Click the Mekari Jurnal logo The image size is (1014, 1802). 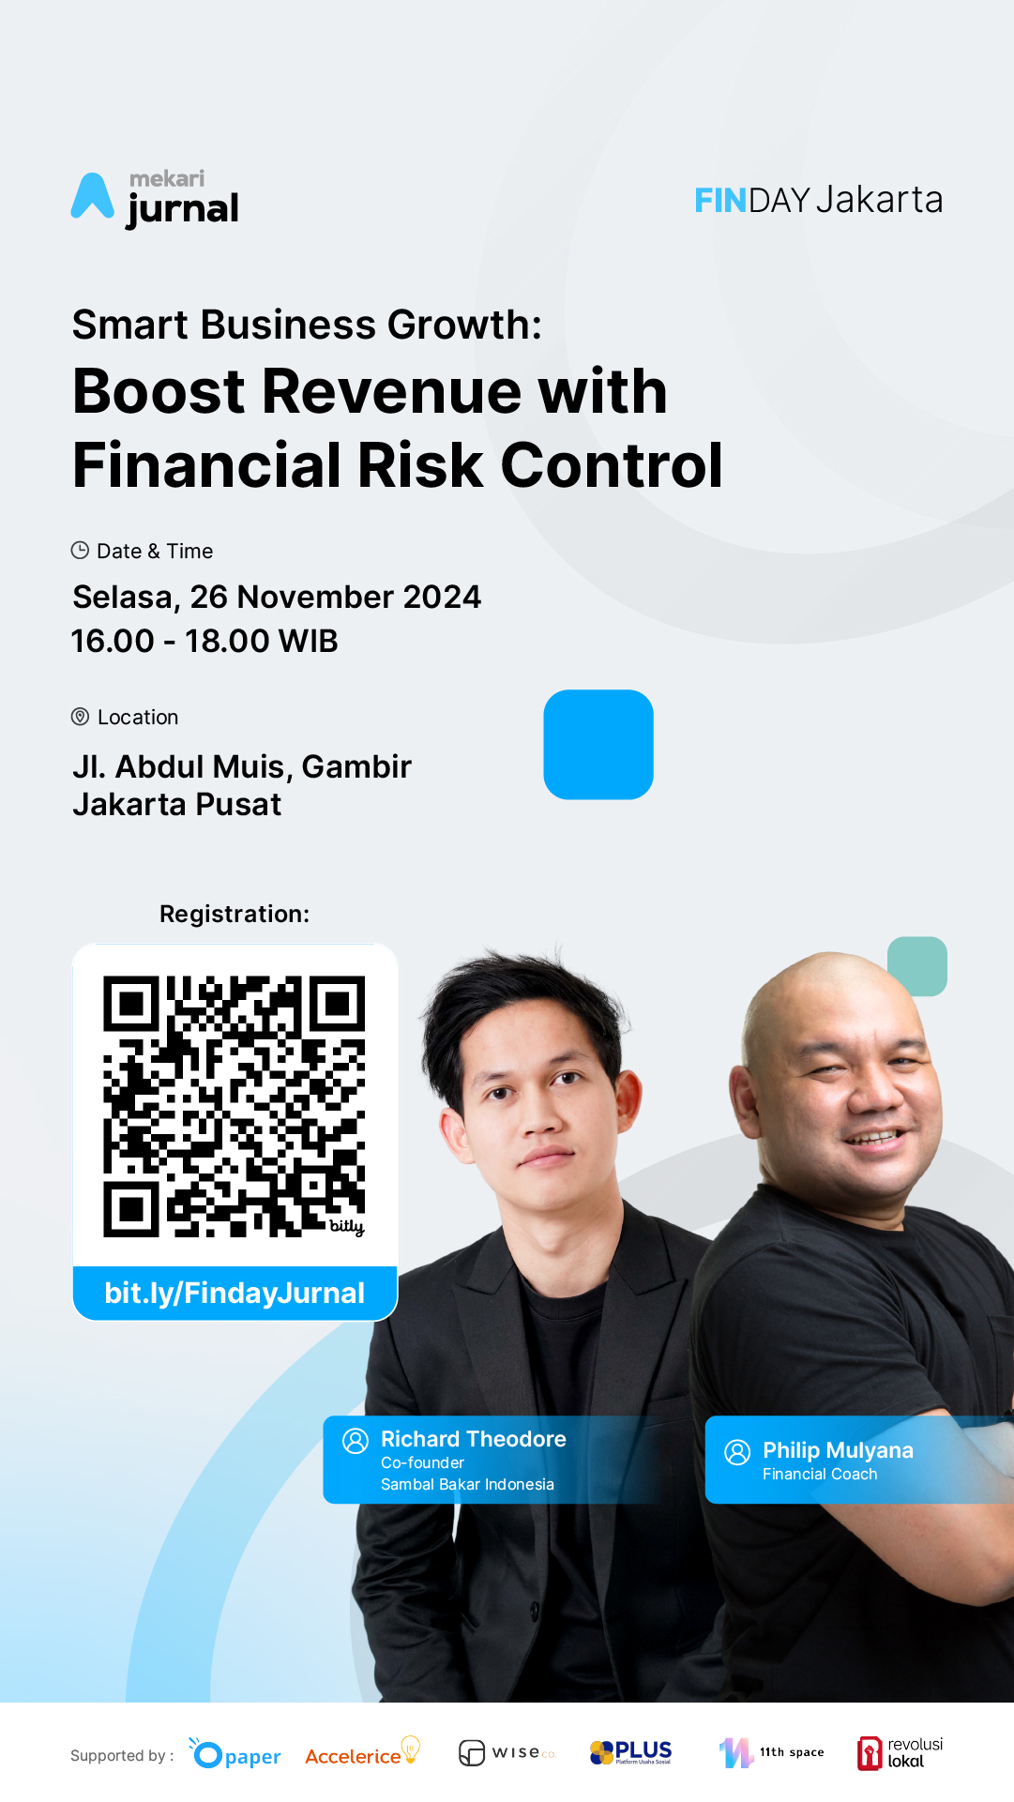pyautogui.click(x=155, y=199)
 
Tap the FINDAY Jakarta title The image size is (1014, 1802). pyautogui.click(x=818, y=200)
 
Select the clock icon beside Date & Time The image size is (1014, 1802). pyautogui.click(x=80, y=551)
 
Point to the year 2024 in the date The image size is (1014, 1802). pyautogui.click(x=441, y=597)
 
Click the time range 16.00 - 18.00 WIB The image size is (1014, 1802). pyautogui.click(x=204, y=642)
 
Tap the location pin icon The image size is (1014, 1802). pyautogui.click(x=80, y=717)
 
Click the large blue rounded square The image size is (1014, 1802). pyautogui.click(x=598, y=745)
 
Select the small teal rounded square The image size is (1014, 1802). pyautogui.click(x=917, y=966)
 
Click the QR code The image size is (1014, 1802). pyautogui.click(x=234, y=1107)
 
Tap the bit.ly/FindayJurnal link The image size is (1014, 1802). pyautogui.click(x=235, y=1293)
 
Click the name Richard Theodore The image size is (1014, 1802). pyautogui.click(x=474, y=1439)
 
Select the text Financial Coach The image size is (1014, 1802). pyautogui.click(x=820, y=1474)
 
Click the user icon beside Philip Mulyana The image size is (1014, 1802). pyautogui.click(x=737, y=1452)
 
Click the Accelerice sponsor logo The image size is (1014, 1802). pyautogui.click(x=362, y=1752)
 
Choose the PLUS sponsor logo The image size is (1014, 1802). pyautogui.click(x=630, y=1751)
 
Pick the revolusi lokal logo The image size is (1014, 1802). pyautogui.click(x=900, y=1752)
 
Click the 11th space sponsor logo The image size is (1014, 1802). pyautogui.click(x=771, y=1752)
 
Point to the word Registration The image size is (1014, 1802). pyautogui.click(x=235, y=914)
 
